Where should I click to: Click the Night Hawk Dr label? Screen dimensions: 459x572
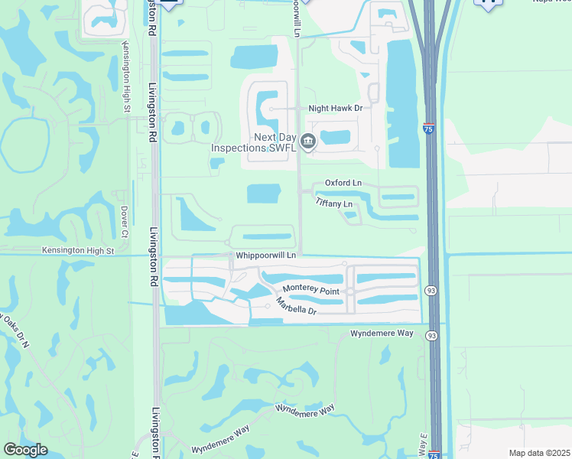pos(335,109)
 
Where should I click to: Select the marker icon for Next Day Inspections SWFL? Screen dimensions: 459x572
pos(307,141)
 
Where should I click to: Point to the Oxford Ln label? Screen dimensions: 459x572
pos(343,183)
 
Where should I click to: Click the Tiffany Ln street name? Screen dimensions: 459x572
pos(334,203)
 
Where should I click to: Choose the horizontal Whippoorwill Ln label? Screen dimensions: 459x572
pos(265,254)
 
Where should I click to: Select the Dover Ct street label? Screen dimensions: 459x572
pos(122,219)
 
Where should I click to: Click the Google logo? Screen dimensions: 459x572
pos(25,450)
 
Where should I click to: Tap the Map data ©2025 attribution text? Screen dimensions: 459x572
pos(539,453)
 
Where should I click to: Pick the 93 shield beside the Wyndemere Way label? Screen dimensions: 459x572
pos(432,335)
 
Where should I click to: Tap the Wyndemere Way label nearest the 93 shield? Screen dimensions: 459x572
pos(381,334)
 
